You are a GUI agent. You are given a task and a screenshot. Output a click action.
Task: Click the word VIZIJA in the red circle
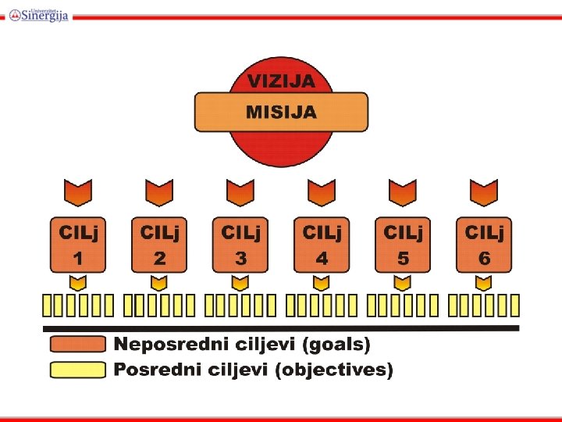coord(281,80)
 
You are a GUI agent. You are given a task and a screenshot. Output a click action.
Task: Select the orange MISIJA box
coord(281,113)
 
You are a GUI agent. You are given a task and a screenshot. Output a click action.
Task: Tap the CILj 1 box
coord(78,245)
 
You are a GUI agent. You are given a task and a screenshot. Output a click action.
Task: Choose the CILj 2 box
coord(159,245)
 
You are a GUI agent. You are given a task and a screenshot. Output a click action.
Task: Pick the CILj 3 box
coord(240,245)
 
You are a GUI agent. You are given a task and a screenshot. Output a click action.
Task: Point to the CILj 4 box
coord(322,245)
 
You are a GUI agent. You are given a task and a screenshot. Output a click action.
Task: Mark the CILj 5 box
coord(403,245)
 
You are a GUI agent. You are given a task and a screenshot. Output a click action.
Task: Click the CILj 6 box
coord(484,245)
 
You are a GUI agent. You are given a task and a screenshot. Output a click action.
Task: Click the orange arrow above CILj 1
coord(78,192)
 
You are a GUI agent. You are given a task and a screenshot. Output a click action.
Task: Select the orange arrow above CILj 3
coord(240,192)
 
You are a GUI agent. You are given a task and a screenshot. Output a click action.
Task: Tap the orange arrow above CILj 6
coord(484,192)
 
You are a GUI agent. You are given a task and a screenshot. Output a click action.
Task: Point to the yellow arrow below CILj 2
coord(159,281)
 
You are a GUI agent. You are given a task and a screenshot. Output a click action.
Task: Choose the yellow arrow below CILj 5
coord(403,281)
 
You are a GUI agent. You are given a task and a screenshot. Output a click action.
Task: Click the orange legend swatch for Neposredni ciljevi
coord(78,344)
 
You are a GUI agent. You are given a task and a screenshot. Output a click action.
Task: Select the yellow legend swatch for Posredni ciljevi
coord(78,370)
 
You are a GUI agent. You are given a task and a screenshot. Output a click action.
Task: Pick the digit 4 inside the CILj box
coord(322,259)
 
